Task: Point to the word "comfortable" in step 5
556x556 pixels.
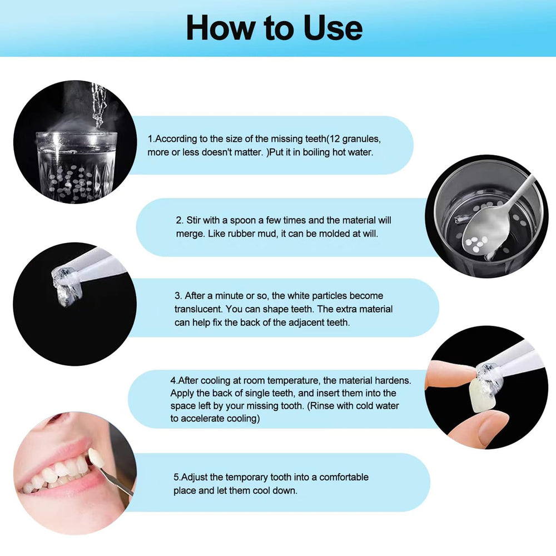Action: [344, 477]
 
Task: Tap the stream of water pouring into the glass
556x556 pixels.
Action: [98, 105]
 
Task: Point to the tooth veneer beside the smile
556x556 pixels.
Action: [96, 458]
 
